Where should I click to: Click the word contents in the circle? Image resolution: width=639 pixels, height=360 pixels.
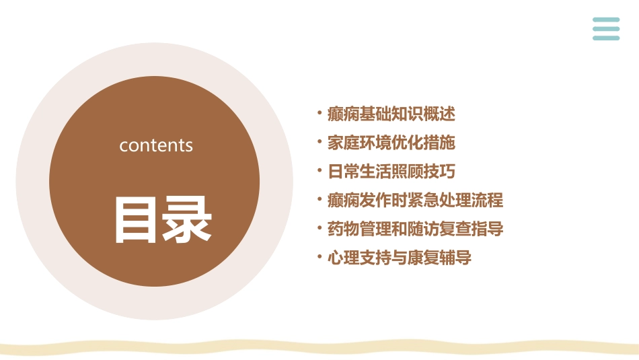click(x=156, y=145)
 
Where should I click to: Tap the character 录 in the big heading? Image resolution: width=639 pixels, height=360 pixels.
click(x=188, y=219)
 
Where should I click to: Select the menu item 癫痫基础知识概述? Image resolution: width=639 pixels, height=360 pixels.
click(x=391, y=114)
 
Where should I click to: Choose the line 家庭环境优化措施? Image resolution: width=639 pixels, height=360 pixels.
click(x=391, y=143)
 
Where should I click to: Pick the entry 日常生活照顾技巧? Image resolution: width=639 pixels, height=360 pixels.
click(x=391, y=172)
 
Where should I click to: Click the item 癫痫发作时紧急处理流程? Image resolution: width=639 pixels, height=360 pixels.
click(x=415, y=201)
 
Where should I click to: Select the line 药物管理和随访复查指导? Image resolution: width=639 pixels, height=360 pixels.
click(x=415, y=229)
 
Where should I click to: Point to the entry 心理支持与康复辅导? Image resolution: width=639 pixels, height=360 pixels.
click(x=400, y=258)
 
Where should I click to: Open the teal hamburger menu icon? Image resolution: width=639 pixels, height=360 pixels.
click(x=606, y=29)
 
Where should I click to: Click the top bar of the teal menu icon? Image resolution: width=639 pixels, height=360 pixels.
click(x=606, y=20)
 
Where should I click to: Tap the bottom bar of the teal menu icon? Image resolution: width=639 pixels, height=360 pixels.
click(x=606, y=38)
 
